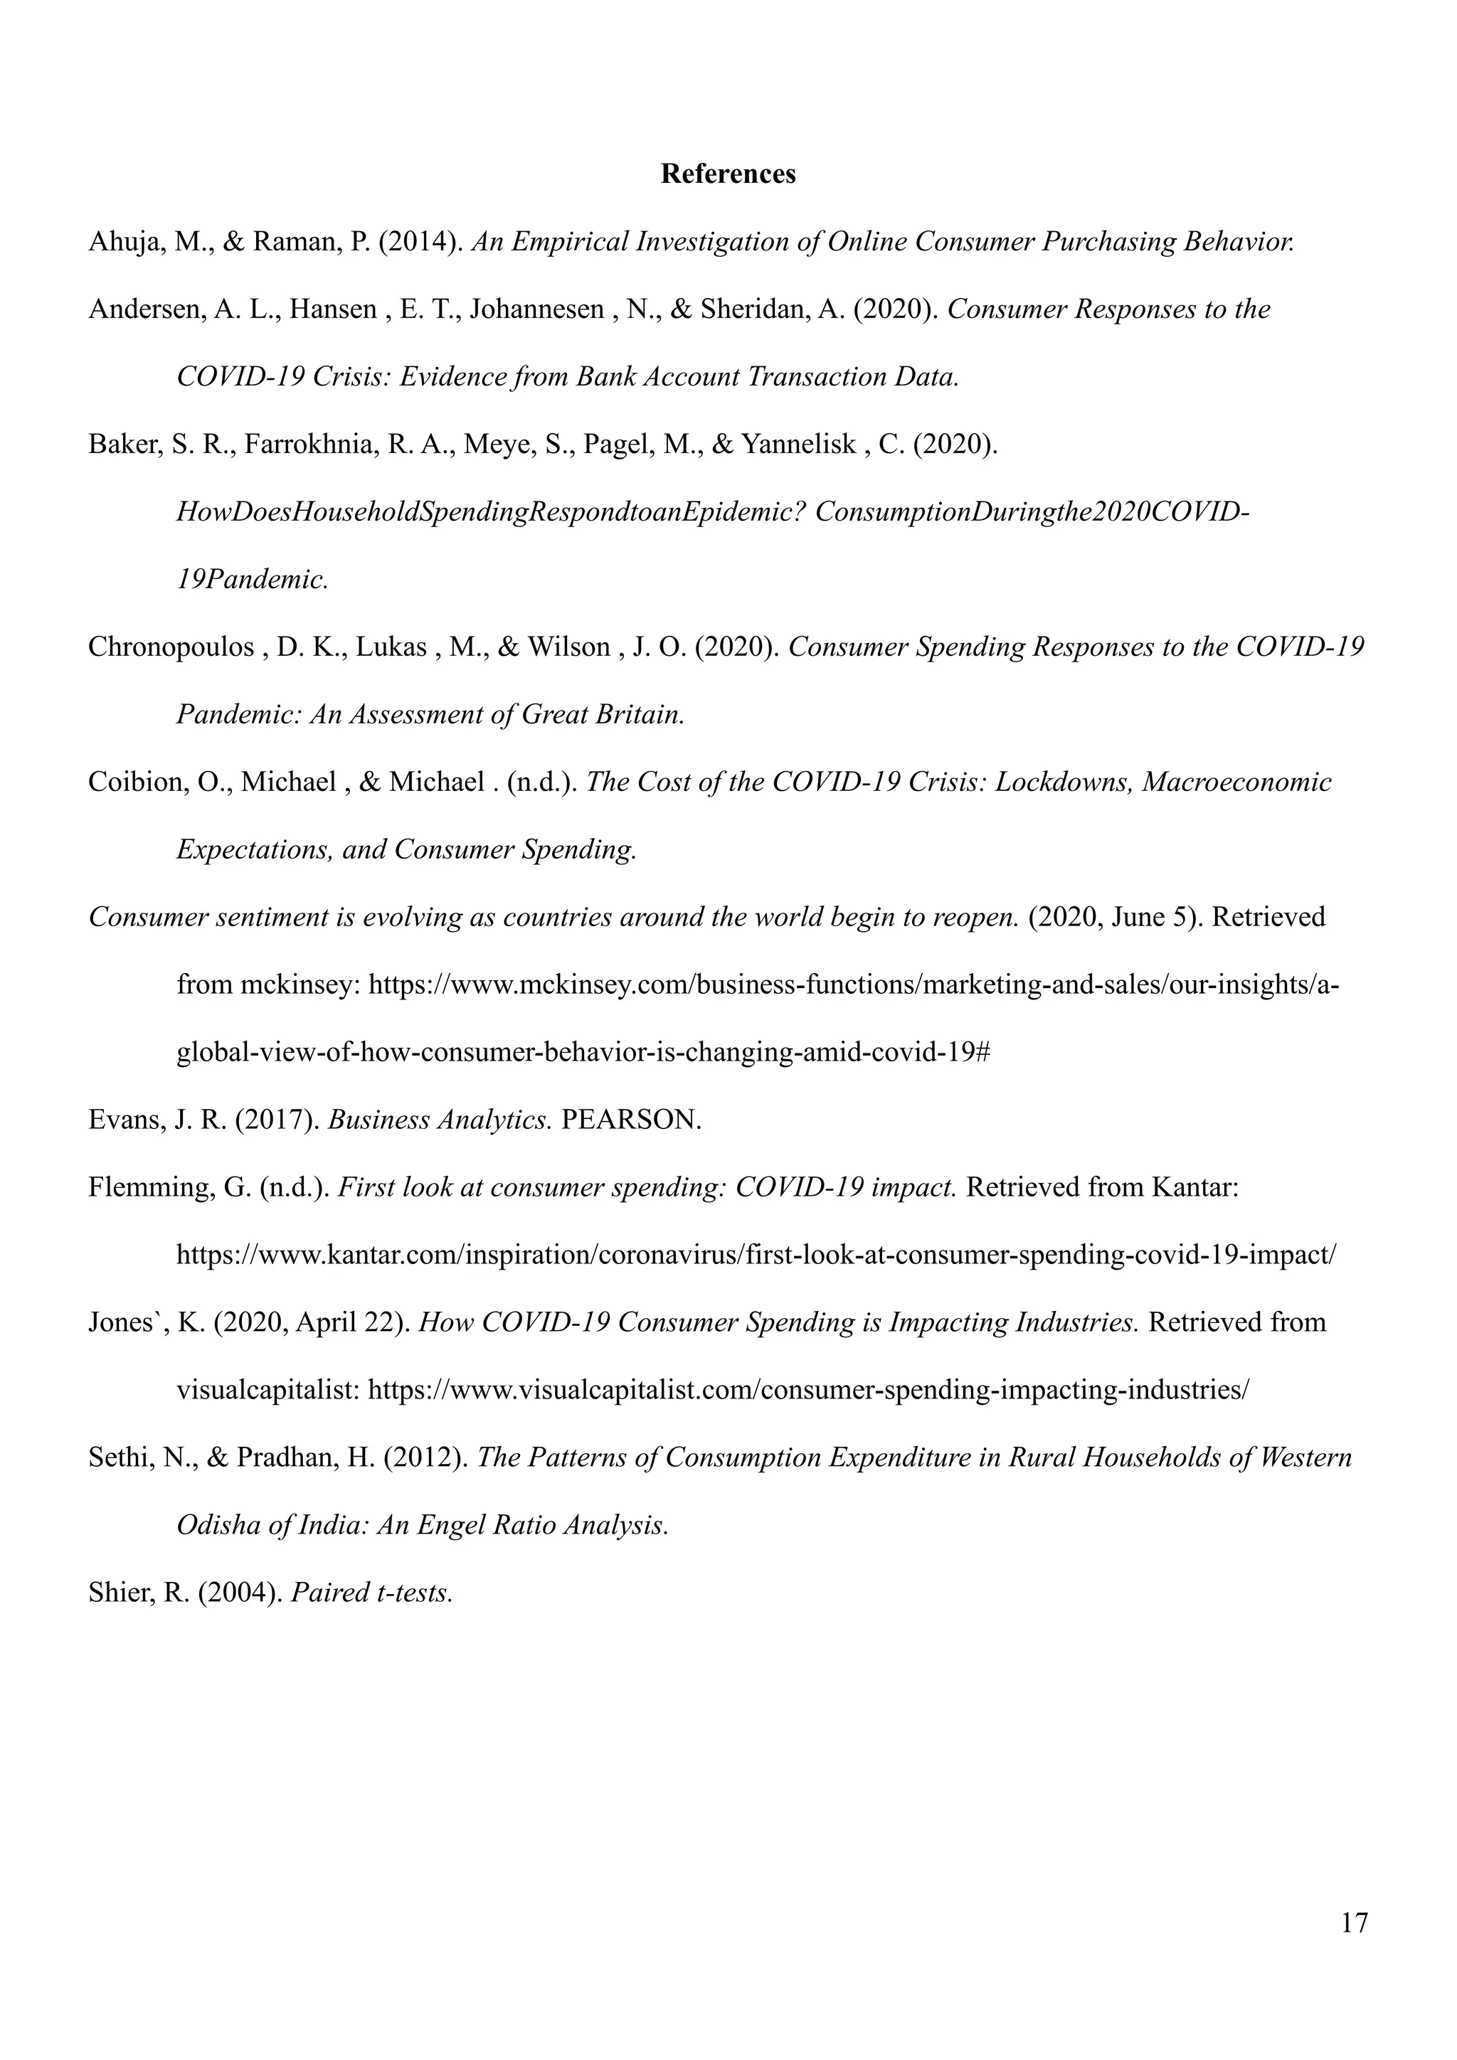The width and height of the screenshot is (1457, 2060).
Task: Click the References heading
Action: pos(728,174)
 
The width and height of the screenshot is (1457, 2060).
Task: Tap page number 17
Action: pos(1354,1923)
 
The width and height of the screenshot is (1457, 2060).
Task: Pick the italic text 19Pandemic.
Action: pos(252,580)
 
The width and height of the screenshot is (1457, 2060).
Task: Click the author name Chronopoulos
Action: pos(171,647)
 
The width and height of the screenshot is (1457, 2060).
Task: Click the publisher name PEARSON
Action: pos(631,1120)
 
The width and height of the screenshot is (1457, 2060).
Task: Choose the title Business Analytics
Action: pos(440,1120)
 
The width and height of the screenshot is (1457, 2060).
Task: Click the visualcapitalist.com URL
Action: pos(808,1391)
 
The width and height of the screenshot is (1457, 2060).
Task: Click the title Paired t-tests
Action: pos(372,1593)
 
